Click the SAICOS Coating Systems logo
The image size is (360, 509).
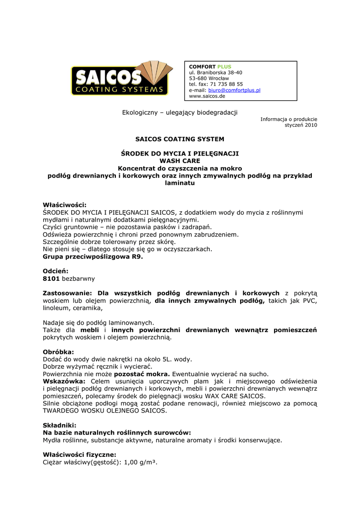pos(120,78)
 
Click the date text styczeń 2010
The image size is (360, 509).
pos(300,125)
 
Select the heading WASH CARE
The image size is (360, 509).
pos(180,161)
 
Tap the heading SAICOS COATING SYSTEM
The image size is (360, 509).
pos(180,139)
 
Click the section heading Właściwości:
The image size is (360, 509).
pos(65,205)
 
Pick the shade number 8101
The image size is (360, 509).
pos(51,279)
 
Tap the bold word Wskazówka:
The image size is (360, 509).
pos(64,381)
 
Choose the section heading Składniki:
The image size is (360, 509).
pos(59,425)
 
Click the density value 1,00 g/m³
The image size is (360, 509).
pos(140,462)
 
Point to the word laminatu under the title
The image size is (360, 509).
pos(180,183)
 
